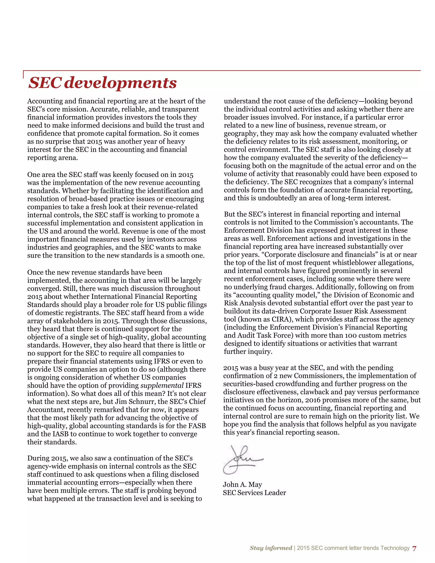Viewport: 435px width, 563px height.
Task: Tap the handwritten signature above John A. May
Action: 242,459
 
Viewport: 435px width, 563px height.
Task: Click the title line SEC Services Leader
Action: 254,493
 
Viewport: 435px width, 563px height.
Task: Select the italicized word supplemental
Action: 162,385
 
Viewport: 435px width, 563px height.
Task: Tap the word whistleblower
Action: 352,263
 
